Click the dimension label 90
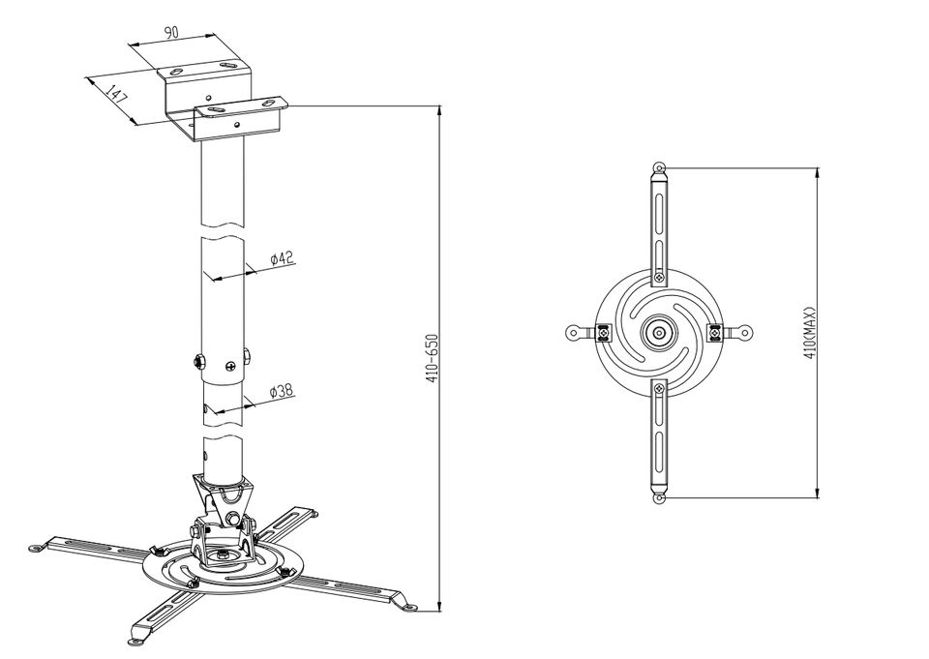point(170,32)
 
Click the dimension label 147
point(117,95)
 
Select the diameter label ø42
point(282,258)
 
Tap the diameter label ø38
point(282,392)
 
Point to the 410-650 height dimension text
point(433,360)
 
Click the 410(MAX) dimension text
point(811,333)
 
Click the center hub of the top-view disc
point(659,333)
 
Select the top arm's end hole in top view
point(659,166)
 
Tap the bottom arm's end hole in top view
point(659,499)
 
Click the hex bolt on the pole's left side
point(198,362)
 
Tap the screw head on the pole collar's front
point(229,366)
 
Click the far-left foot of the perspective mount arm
point(37,548)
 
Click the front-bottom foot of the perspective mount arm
point(135,640)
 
